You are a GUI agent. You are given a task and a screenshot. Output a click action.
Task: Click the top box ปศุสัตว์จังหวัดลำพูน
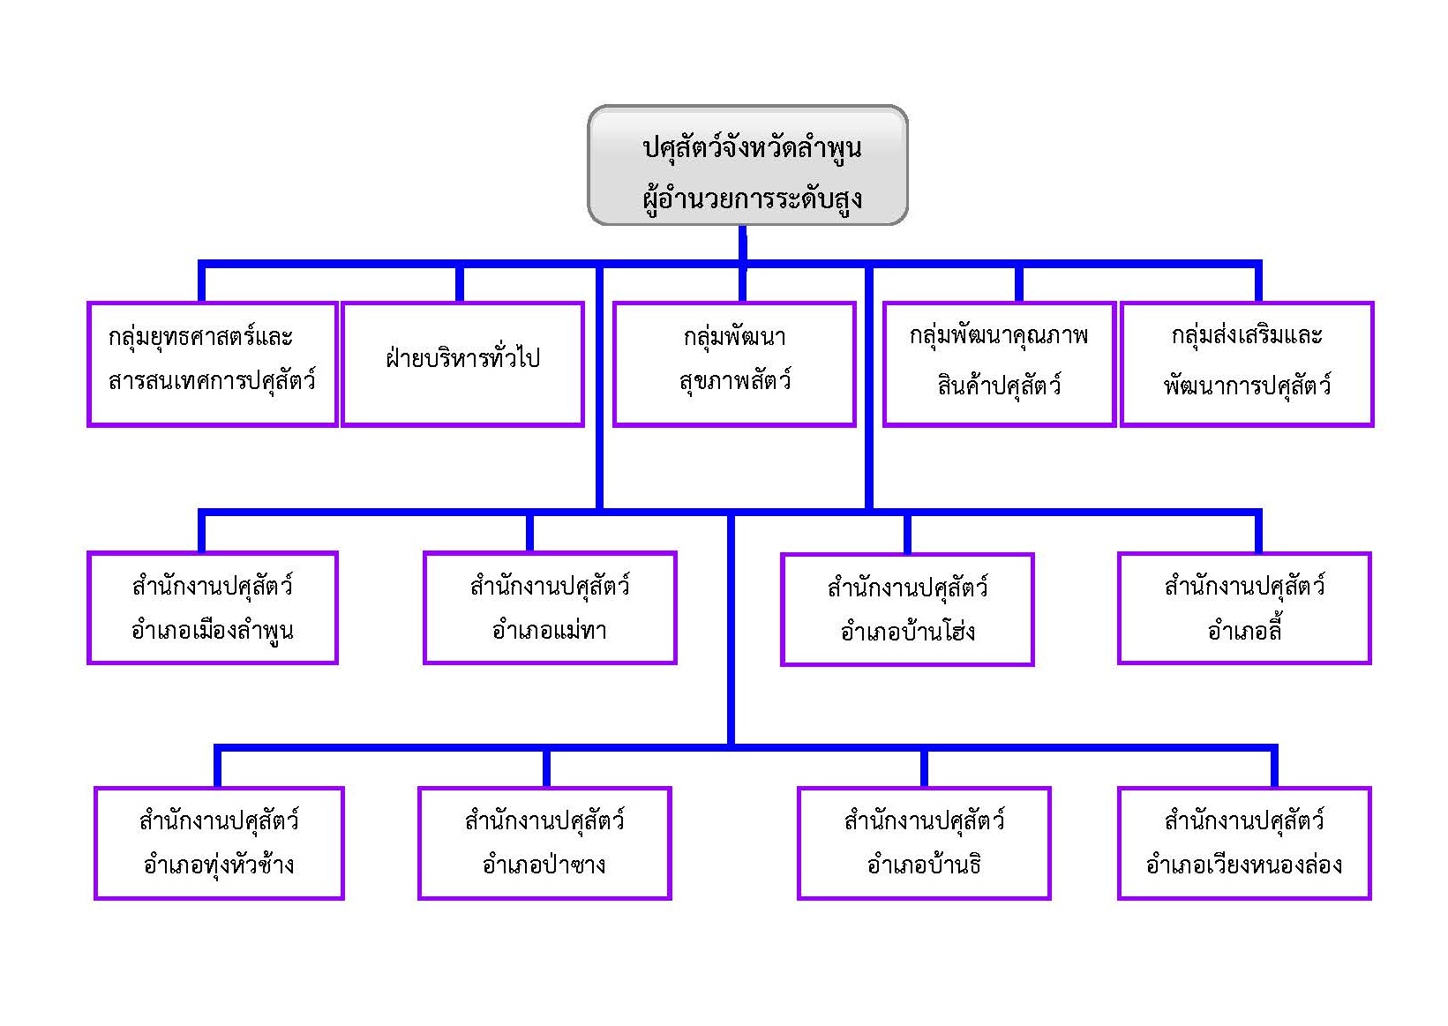pos(747,165)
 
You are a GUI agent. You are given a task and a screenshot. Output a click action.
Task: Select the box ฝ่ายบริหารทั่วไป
pos(462,363)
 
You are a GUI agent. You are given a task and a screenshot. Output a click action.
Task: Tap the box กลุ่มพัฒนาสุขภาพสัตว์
pos(734,363)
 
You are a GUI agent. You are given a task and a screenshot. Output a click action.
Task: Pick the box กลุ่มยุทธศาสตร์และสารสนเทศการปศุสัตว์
pos(212,363)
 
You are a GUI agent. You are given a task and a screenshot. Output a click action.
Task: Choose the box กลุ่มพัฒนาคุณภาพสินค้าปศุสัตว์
pos(999,363)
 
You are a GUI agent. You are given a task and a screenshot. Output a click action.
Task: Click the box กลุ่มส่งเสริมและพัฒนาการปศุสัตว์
pos(1246,363)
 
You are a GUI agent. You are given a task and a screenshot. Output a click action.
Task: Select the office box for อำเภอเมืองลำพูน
pos(212,608)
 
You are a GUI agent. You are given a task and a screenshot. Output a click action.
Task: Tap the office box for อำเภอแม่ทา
pos(550,608)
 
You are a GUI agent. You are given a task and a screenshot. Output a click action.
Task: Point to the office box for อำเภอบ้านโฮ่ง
pos(907,609)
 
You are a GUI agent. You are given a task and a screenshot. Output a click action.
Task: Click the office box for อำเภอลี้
pos(1243,608)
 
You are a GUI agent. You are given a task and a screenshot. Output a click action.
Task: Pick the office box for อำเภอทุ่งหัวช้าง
pos(219,843)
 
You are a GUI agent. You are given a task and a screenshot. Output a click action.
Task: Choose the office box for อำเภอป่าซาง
pos(544,843)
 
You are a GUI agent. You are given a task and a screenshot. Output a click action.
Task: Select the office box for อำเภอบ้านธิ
pos(924,843)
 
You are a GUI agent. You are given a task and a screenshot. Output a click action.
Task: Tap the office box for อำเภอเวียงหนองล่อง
pos(1243,843)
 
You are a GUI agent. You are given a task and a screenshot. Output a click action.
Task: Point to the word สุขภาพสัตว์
pos(734,382)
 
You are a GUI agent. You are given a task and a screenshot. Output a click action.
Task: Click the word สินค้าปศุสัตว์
pos(999,386)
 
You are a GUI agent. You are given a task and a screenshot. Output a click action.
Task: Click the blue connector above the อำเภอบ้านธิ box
pos(924,768)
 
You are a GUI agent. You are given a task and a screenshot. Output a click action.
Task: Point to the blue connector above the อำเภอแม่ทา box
pos(529,532)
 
